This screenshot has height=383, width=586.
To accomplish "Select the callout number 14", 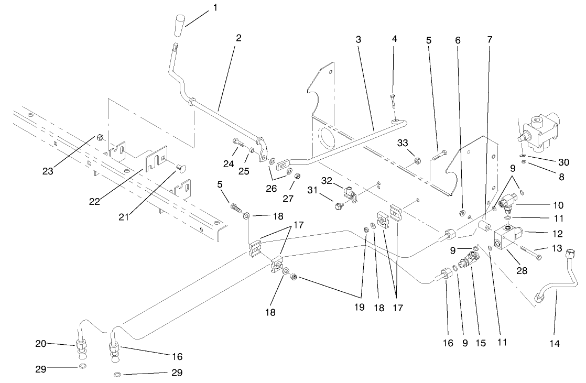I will (x=555, y=344).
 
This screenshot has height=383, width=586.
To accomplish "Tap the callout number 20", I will (x=40, y=344).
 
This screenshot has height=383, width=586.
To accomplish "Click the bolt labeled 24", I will (x=236, y=141).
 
